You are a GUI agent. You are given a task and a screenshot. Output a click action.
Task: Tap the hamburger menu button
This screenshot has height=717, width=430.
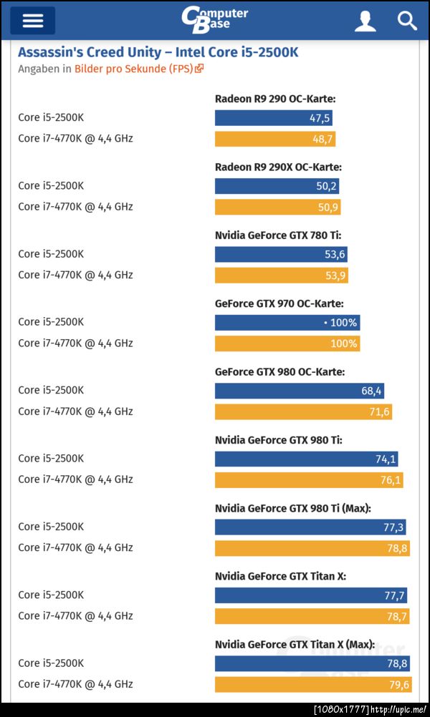[x=33, y=21]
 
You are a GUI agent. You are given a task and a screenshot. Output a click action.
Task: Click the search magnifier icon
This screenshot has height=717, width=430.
[x=407, y=21]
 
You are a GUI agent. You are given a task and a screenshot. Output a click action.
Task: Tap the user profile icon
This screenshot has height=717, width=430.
[x=365, y=21]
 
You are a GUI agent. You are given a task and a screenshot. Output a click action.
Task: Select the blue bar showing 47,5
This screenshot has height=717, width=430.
[x=273, y=118]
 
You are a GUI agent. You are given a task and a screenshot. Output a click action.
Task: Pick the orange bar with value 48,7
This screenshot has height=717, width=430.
[x=274, y=139]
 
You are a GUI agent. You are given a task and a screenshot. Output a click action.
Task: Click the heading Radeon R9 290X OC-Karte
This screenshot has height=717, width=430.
[x=278, y=167]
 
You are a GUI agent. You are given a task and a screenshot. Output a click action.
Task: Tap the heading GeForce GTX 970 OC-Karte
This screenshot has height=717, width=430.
[x=279, y=303]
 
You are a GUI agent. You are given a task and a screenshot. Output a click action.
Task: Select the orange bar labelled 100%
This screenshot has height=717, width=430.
[x=287, y=343]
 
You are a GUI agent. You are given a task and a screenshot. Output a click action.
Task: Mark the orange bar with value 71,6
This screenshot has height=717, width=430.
[x=303, y=412]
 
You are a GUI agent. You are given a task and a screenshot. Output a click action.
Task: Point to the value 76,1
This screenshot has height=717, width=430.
[x=390, y=480]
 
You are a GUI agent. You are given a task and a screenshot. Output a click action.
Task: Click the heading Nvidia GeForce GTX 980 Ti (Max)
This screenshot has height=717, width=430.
[x=292, y=508]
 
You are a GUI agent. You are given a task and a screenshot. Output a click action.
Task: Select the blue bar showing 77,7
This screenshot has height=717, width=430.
[x=311, y=595]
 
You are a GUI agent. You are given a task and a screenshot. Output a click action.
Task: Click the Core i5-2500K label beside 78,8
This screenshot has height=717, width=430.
[x=51, y=663]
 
